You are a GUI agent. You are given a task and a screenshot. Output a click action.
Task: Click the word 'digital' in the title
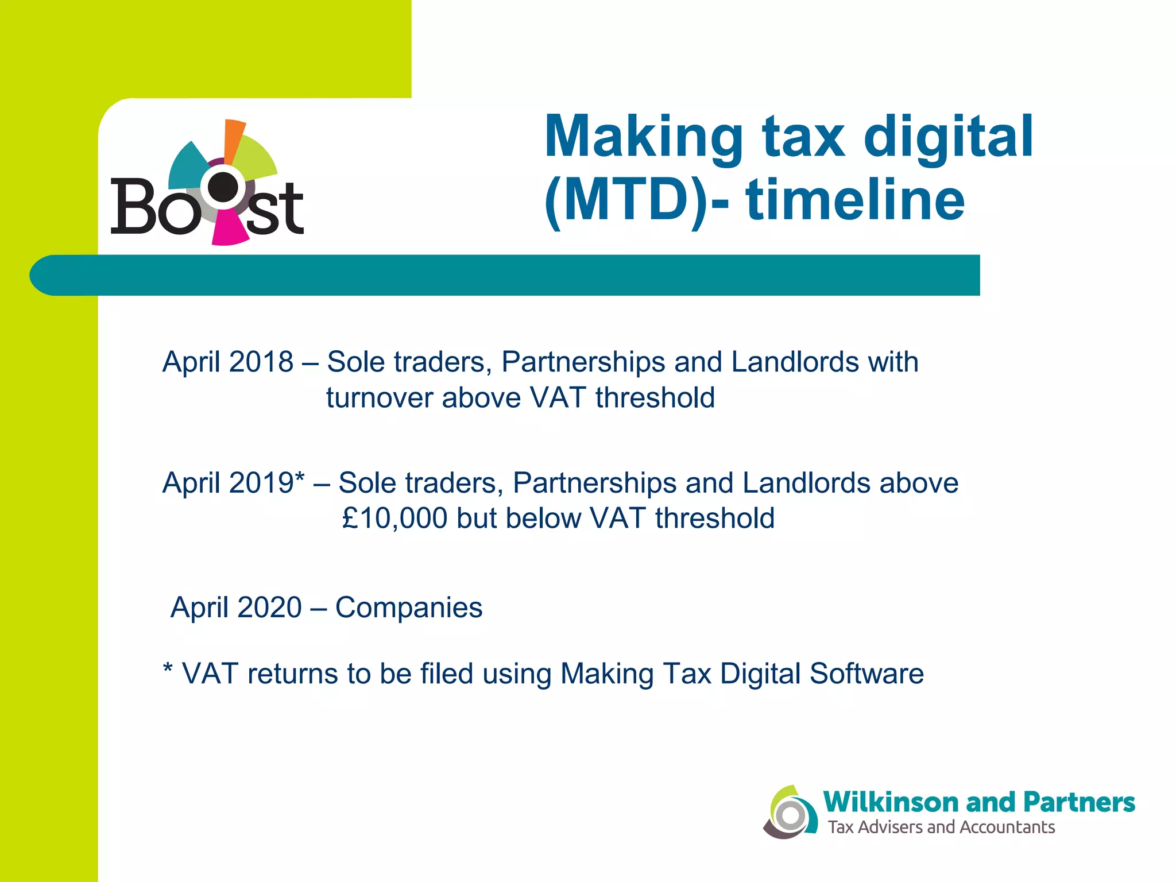pos(948,137)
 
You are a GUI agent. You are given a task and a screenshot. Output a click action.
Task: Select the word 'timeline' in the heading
pos(856,200)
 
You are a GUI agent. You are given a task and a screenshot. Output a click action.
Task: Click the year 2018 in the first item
pos(261,362)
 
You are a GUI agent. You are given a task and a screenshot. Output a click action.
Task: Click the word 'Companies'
pos(408,608)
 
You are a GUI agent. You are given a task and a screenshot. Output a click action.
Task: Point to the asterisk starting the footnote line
pos(168,670)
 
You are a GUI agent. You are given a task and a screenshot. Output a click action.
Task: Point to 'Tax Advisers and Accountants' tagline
pos(941,827)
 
